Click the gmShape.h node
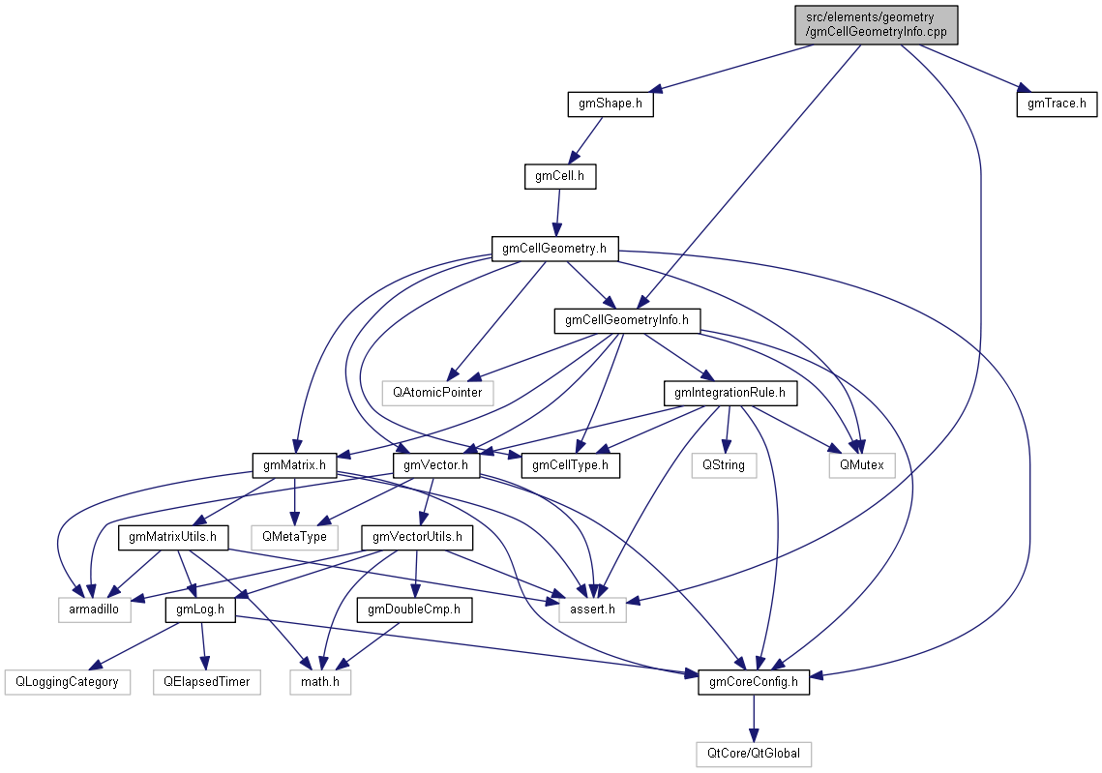coord(610,104)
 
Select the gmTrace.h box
coord(1057,104)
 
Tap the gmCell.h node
coord(559,176)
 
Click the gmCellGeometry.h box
coord(554,249)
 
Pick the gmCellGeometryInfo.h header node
coord(626,320)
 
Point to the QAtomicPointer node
coord(437,393)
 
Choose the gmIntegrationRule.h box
coord(730,393)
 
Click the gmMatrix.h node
coord(294,465)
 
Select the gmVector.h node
coord(436,465)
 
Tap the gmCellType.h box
coord(570,465)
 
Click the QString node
coord(724,465)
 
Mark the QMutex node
coord(861,465)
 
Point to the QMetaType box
coord(289,537)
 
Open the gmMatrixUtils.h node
coord(172,537)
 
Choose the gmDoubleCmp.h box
coord(414,609)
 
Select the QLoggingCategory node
coord(67,682)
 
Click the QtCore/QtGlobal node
coord(754,754)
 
